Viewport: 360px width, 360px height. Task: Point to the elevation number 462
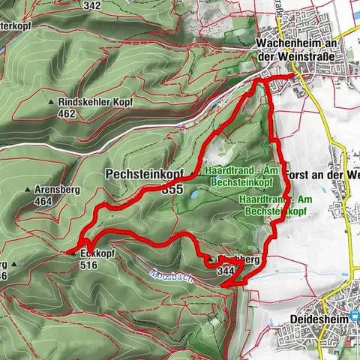pyautogui.click(x=66, y=114)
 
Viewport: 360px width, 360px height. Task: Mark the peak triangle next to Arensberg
pyautogui.click(x=27, y=190)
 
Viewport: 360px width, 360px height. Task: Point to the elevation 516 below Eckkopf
pyautogui.click(x=88, y=265)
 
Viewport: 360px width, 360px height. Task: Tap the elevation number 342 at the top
pyautogui.click(x=92, y=5)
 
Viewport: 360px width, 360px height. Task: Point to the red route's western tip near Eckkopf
pyautogui.click(x=68, y=250)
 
